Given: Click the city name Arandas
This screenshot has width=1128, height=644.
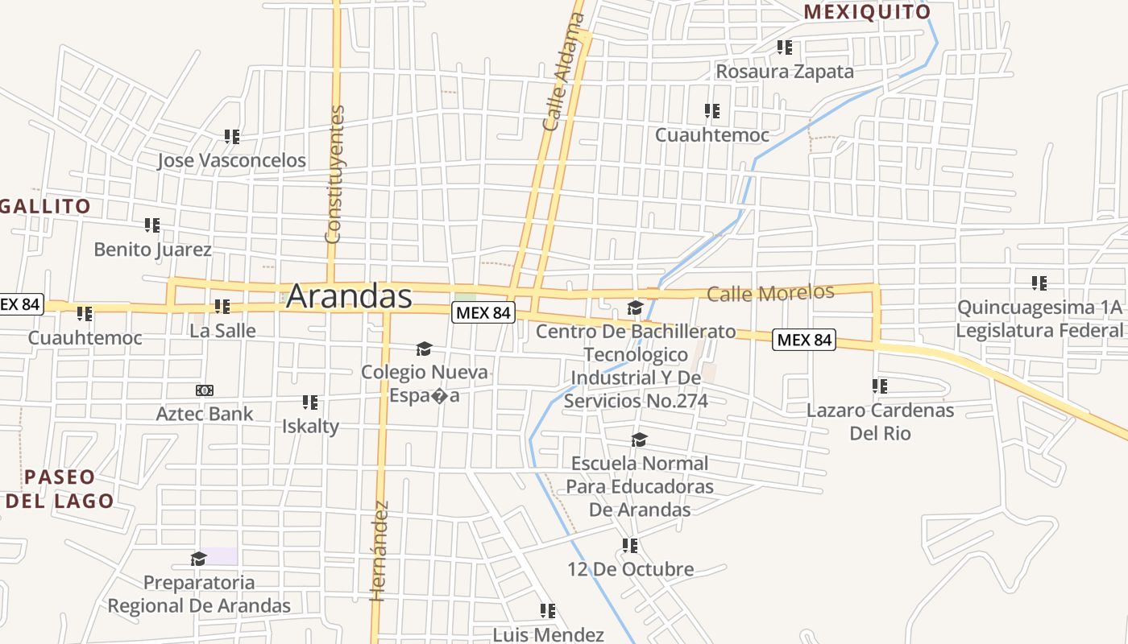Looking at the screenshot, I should [x=349, y=295].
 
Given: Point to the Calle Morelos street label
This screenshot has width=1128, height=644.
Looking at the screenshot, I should [x=770, y=292].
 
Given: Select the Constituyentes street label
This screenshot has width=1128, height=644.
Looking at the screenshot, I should [x=334, y=174].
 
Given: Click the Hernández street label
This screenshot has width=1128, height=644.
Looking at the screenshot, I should [x=380, y=551].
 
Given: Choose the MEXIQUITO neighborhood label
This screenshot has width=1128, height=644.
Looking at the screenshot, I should [x=867, y=12].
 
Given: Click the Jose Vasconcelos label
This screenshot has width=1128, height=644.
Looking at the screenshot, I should [x=231, y=160].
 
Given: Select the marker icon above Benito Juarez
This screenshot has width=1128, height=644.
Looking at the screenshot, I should [x=152, y=225].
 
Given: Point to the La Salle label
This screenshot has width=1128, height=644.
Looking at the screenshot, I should [x=222, y=330].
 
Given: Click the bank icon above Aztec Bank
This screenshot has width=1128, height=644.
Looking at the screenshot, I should [x=205, y=390].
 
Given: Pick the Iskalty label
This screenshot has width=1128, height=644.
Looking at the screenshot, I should [x=310, y=426].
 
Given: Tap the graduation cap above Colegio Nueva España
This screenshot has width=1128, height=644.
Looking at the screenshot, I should [x=424, y=349].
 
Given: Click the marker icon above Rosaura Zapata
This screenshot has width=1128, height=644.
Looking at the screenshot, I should [x=785, y=47].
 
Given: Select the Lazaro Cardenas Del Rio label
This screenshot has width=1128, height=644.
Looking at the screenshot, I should [x=880, y=421].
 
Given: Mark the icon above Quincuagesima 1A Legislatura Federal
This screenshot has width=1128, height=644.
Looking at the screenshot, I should [x=1039, y=283].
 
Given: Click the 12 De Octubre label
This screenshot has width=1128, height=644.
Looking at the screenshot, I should [x=630, y=569].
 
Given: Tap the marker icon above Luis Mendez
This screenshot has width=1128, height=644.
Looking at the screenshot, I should [x=548, y=611].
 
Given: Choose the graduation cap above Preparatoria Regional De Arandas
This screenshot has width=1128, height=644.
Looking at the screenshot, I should [x=198, y=559].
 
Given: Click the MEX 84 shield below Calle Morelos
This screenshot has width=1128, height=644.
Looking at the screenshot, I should [x=803, y=340].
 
